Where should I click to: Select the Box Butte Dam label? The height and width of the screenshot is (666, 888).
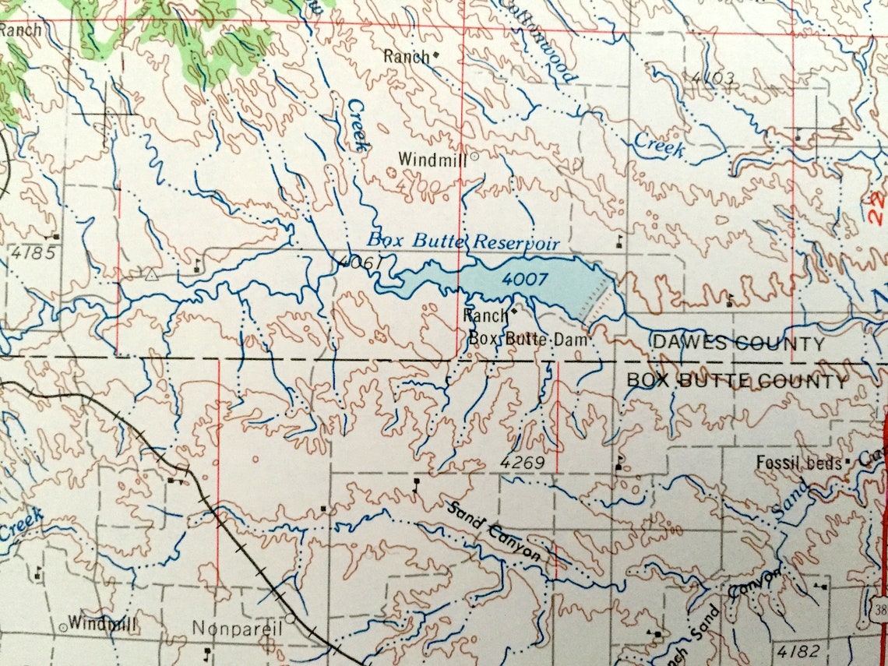click(x=531, y=340)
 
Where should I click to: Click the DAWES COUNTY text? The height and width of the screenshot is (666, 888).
click(x=737, y=344)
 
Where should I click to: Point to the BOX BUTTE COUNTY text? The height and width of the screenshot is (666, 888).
click(x=737, y=382)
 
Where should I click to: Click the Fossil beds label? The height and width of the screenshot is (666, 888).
click(x=798, y=463)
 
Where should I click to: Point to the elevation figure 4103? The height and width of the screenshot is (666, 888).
click(x=713, y=77)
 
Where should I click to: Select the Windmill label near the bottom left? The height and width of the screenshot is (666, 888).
click(x=101, y=623)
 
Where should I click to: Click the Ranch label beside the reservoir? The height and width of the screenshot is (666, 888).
click(x=485, y=315)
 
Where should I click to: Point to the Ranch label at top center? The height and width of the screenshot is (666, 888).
click(x=406, y=56)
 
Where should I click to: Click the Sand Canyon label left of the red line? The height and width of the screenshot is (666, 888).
click(x=494, y=531)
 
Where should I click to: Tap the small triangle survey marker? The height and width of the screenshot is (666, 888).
click(x=151, y=274)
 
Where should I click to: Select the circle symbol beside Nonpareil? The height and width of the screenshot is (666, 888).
click(x=290, y=618)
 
